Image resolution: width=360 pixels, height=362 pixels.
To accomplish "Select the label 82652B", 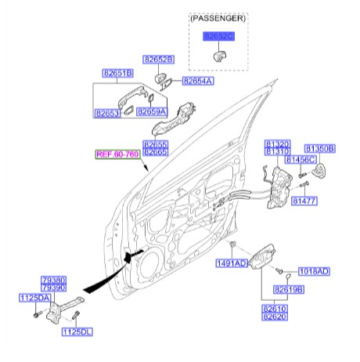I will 158,60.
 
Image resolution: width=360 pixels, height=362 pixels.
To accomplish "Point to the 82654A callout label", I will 197,80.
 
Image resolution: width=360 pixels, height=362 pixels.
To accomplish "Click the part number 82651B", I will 118,74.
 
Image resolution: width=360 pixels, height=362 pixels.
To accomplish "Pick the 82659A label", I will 152,112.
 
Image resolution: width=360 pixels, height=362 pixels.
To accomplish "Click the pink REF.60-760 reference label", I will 117,154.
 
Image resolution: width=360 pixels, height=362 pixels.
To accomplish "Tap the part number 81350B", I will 319,147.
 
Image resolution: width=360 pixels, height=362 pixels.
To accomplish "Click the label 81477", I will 304,201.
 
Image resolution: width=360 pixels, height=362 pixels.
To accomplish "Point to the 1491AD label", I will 231,263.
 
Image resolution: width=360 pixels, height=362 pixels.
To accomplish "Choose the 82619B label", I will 289,290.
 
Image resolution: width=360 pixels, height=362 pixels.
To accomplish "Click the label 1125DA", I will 34,298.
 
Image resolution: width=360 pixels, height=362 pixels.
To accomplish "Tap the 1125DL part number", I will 77,331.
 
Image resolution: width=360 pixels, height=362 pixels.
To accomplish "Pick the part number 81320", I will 277,144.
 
